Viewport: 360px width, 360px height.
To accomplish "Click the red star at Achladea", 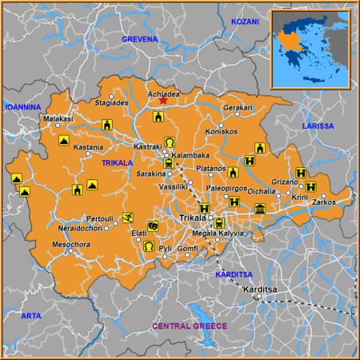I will pyautogui.click(x=163, y=100).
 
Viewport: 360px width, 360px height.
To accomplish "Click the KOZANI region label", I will pyautogui.click(x=245, y=22).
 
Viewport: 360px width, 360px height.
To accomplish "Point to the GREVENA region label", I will pyautogui.click(x=140, y=38).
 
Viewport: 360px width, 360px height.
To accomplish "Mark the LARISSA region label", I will pyautogui.click(x=318, y=126).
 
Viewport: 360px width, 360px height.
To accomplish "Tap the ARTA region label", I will pyautogui.click(x=30, y=316).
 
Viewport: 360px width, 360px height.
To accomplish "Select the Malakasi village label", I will pyautogui.click(x=58, y=118).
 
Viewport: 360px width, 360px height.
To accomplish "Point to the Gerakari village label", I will pyautogui.click(x=238, y=107).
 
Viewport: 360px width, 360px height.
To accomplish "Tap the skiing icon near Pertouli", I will pyautogui.click(x=128, y=218).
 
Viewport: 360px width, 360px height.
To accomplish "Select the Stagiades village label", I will pyautogui.click(x=111, y=103).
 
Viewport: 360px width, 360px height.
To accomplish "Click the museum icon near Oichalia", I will pyautogui.click(x=259, y=210).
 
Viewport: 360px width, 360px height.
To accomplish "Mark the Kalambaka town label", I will pyautogui.click(x=190, y=155).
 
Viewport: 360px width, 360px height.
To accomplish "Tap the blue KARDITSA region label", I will pyautogui.click(x=234, y=274).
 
